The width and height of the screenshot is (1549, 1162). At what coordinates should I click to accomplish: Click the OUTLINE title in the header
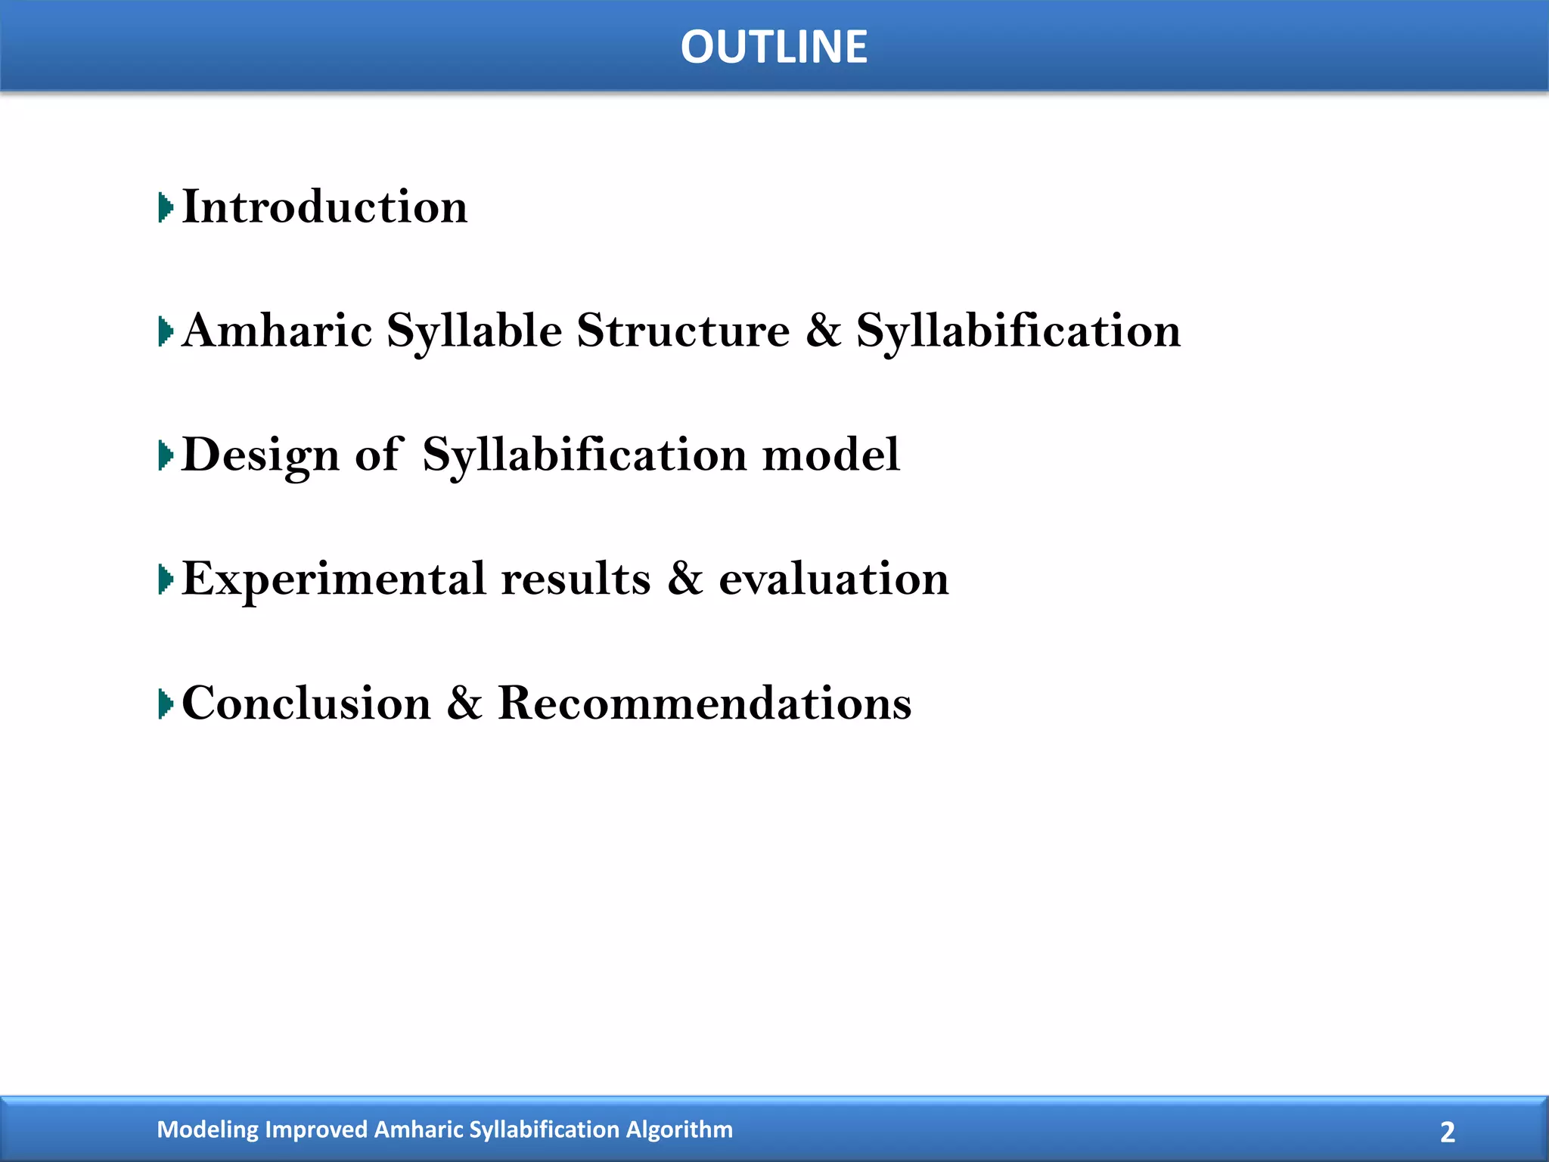pos(774,47)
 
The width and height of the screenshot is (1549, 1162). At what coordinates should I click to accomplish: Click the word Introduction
pos(325,207)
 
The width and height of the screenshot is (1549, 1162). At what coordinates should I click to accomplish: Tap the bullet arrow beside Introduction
pos(166,207)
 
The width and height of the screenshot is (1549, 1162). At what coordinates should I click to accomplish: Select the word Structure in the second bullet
pos(683,331)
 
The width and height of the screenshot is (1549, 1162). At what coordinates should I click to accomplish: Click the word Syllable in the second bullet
pos(474,332)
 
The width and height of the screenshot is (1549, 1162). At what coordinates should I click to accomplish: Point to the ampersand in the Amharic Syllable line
pos(823,331)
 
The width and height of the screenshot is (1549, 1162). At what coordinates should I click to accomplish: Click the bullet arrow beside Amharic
pos(166,331)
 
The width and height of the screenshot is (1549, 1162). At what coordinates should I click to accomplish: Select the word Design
pos(261,455)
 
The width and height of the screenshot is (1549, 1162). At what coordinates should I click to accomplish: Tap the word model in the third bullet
pos(830,455)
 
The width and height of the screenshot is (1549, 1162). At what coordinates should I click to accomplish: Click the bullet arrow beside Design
pos(166,455)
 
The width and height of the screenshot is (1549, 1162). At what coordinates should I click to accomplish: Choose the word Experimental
pos(334,579)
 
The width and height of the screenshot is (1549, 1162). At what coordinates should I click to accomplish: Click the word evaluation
pos(833,579)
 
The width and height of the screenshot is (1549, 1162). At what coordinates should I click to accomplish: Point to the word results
pos(576,579)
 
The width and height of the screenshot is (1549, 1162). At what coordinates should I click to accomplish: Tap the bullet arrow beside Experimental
pos(166,579)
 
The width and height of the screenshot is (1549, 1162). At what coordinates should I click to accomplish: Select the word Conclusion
pos(306,703)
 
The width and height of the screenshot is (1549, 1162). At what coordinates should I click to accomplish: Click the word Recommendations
pos(704,703)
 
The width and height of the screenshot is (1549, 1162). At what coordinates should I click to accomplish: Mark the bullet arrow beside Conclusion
pos(166,704)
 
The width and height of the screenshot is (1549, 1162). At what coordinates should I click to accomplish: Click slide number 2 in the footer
pos(1447,1132)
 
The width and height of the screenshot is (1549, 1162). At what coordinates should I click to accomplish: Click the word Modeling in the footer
pos(207,1129)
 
